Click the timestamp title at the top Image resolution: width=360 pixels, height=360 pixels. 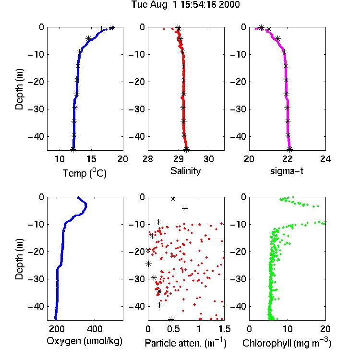tap(185, 5)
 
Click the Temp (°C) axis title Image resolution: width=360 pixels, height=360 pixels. tap(84, 173)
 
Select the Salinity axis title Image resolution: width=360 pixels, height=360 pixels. tap(185, 171)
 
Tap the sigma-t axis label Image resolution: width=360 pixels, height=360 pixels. tap(287, 171)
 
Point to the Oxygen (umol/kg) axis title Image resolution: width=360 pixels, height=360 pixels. tap(84, 341)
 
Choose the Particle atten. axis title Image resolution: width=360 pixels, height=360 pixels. tap(186, 343)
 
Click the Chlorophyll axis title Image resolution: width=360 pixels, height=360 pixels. tap(287, 343)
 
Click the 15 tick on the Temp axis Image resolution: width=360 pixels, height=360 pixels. tap(91, 159)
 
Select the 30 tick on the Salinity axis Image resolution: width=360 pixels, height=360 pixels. tap(209, 159)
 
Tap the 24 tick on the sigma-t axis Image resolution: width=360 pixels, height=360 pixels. tap(325, 159)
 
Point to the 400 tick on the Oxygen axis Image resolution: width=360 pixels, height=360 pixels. tap(95, 329)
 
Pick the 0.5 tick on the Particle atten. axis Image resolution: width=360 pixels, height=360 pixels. tap(173, 329)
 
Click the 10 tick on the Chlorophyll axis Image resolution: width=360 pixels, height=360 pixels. tap(288, 329)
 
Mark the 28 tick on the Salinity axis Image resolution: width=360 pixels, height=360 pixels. tap(148, 159)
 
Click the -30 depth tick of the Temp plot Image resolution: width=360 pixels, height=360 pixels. tap(36, 109)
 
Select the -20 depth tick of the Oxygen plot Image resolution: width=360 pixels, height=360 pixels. tap(36, 252)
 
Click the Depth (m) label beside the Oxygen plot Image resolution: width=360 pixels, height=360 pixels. tap(19, 259)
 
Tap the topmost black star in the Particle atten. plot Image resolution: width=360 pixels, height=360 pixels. tap(173, 199)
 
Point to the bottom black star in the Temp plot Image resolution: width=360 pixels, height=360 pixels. tap(73, 149)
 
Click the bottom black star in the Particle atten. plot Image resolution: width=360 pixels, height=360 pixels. tap(171, 319)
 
